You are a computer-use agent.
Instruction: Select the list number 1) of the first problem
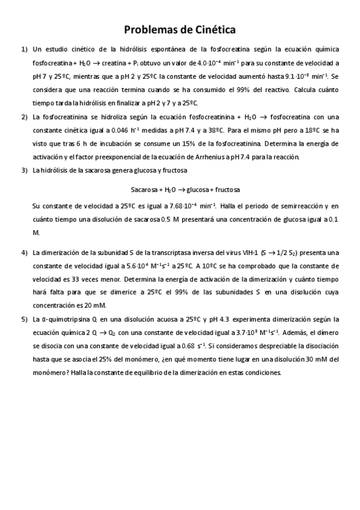pyautogui.click(x=24, y=49)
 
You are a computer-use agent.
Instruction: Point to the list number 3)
pyautogui.click(x=24, y=171)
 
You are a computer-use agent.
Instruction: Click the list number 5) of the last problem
pyautogui.click(x=24, y=319)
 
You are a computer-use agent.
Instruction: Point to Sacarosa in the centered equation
pyautogui.click(x=143, y=189)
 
